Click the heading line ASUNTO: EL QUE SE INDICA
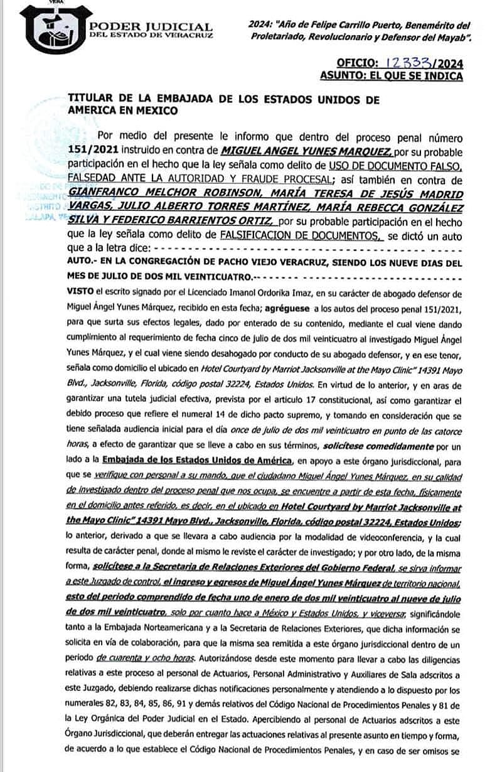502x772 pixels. pyautogui.click(x=392, y=76)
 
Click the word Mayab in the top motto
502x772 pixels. pyautogui.click(x=449, y=38)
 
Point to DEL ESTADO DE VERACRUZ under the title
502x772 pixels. pyautogui.click(x=151, y=36)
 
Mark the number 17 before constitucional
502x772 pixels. pyautogui.click(x=286, y=400)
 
